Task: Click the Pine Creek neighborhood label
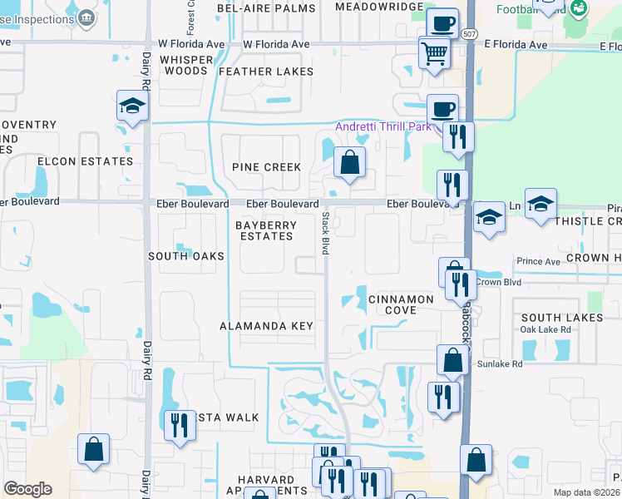[266, 167]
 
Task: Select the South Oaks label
[186, 256]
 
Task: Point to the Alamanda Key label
[266, 326]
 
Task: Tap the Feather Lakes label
[266, 72]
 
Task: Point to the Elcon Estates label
[85, 161]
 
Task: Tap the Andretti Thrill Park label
[383, 126]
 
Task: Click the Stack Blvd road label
[325, 233]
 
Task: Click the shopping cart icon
[435, 56]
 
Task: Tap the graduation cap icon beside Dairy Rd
[131, 106]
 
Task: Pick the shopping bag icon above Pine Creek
[350, 162]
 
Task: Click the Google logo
[27, 489]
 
